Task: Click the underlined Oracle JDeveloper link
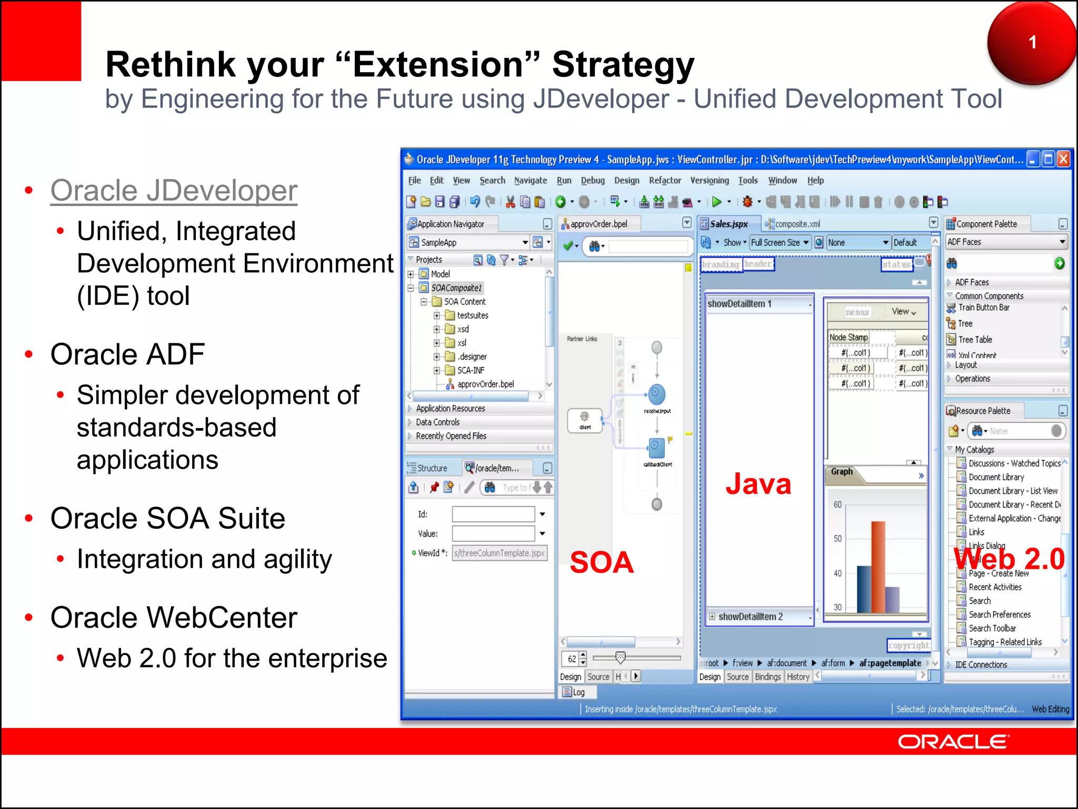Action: tap(174, 191)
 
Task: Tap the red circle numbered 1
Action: tap(1031, 43)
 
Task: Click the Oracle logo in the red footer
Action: tap(953, 742)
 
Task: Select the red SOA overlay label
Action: tap(602, 562)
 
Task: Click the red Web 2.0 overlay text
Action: tap(1009, 559)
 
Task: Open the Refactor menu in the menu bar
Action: tap(665, 181)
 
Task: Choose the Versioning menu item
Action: tap(709, 181)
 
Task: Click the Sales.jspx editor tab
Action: tap(728, 224)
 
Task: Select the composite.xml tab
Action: tap(797, 224)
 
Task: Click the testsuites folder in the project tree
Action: tap(472, 315)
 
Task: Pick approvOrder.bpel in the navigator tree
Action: tap(485, 384)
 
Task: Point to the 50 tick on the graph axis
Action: tap(837, 539)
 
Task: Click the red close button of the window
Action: tap(1064, 159)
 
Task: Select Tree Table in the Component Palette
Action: tap(974, 340)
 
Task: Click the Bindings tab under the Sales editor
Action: tap(767, 677)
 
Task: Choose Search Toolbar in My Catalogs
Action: tap(992, 628)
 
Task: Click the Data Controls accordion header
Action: tap(437, 422)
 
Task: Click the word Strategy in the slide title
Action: tap(623, 64)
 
